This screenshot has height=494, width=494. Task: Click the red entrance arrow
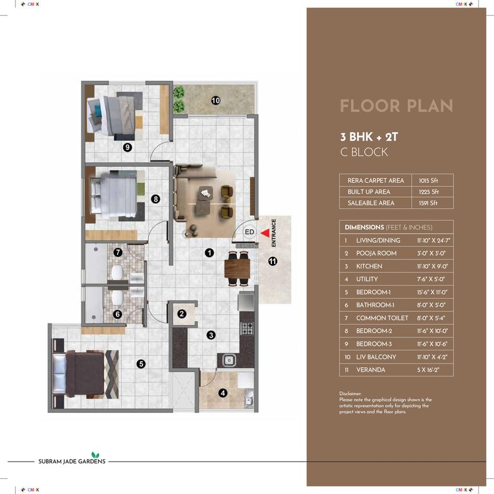pyautogui.click(x=265, y=233)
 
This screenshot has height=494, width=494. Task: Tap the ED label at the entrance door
pyautogui.click(x=249, y=232)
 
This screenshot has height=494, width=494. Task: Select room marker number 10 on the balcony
pyautogui.click(x=216, y=101)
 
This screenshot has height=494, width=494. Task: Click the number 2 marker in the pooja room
pyautogui.click(x=182, y=314)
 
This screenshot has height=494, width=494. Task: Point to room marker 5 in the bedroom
pyautogui.click(x=141, y=364)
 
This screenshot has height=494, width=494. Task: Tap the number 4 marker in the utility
pyautogui.click(x=223, y=393)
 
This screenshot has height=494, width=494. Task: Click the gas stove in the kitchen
pyautogui.click(x=246, y=328)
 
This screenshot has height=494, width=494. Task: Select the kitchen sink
pyautogui.click(x=229, y=360)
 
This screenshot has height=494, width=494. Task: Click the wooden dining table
pyautogui.click(x=237, y=268)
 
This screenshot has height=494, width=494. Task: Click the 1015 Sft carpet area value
pyautogui.click(x=428, y=181)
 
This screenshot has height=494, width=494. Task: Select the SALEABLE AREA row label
pyautogui.click(x=371, y=203)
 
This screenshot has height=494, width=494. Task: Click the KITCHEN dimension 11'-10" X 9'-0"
pyautogui.click(x=432, y=266)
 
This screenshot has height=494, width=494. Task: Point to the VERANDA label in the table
pyautogui.click(x=370, y=370)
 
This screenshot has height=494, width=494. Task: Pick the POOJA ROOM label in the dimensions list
pyautogui.click(x=376, y=253)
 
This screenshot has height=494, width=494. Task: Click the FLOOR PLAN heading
pyautogui.click(x=396, y=106)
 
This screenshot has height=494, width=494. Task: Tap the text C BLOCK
pyautogui.click(x=364, y=152)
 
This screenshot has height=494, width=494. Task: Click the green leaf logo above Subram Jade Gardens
pyautogui.click(x=95, y=455)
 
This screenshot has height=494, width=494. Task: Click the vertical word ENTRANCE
pyautogui.click(x=274, y=233)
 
